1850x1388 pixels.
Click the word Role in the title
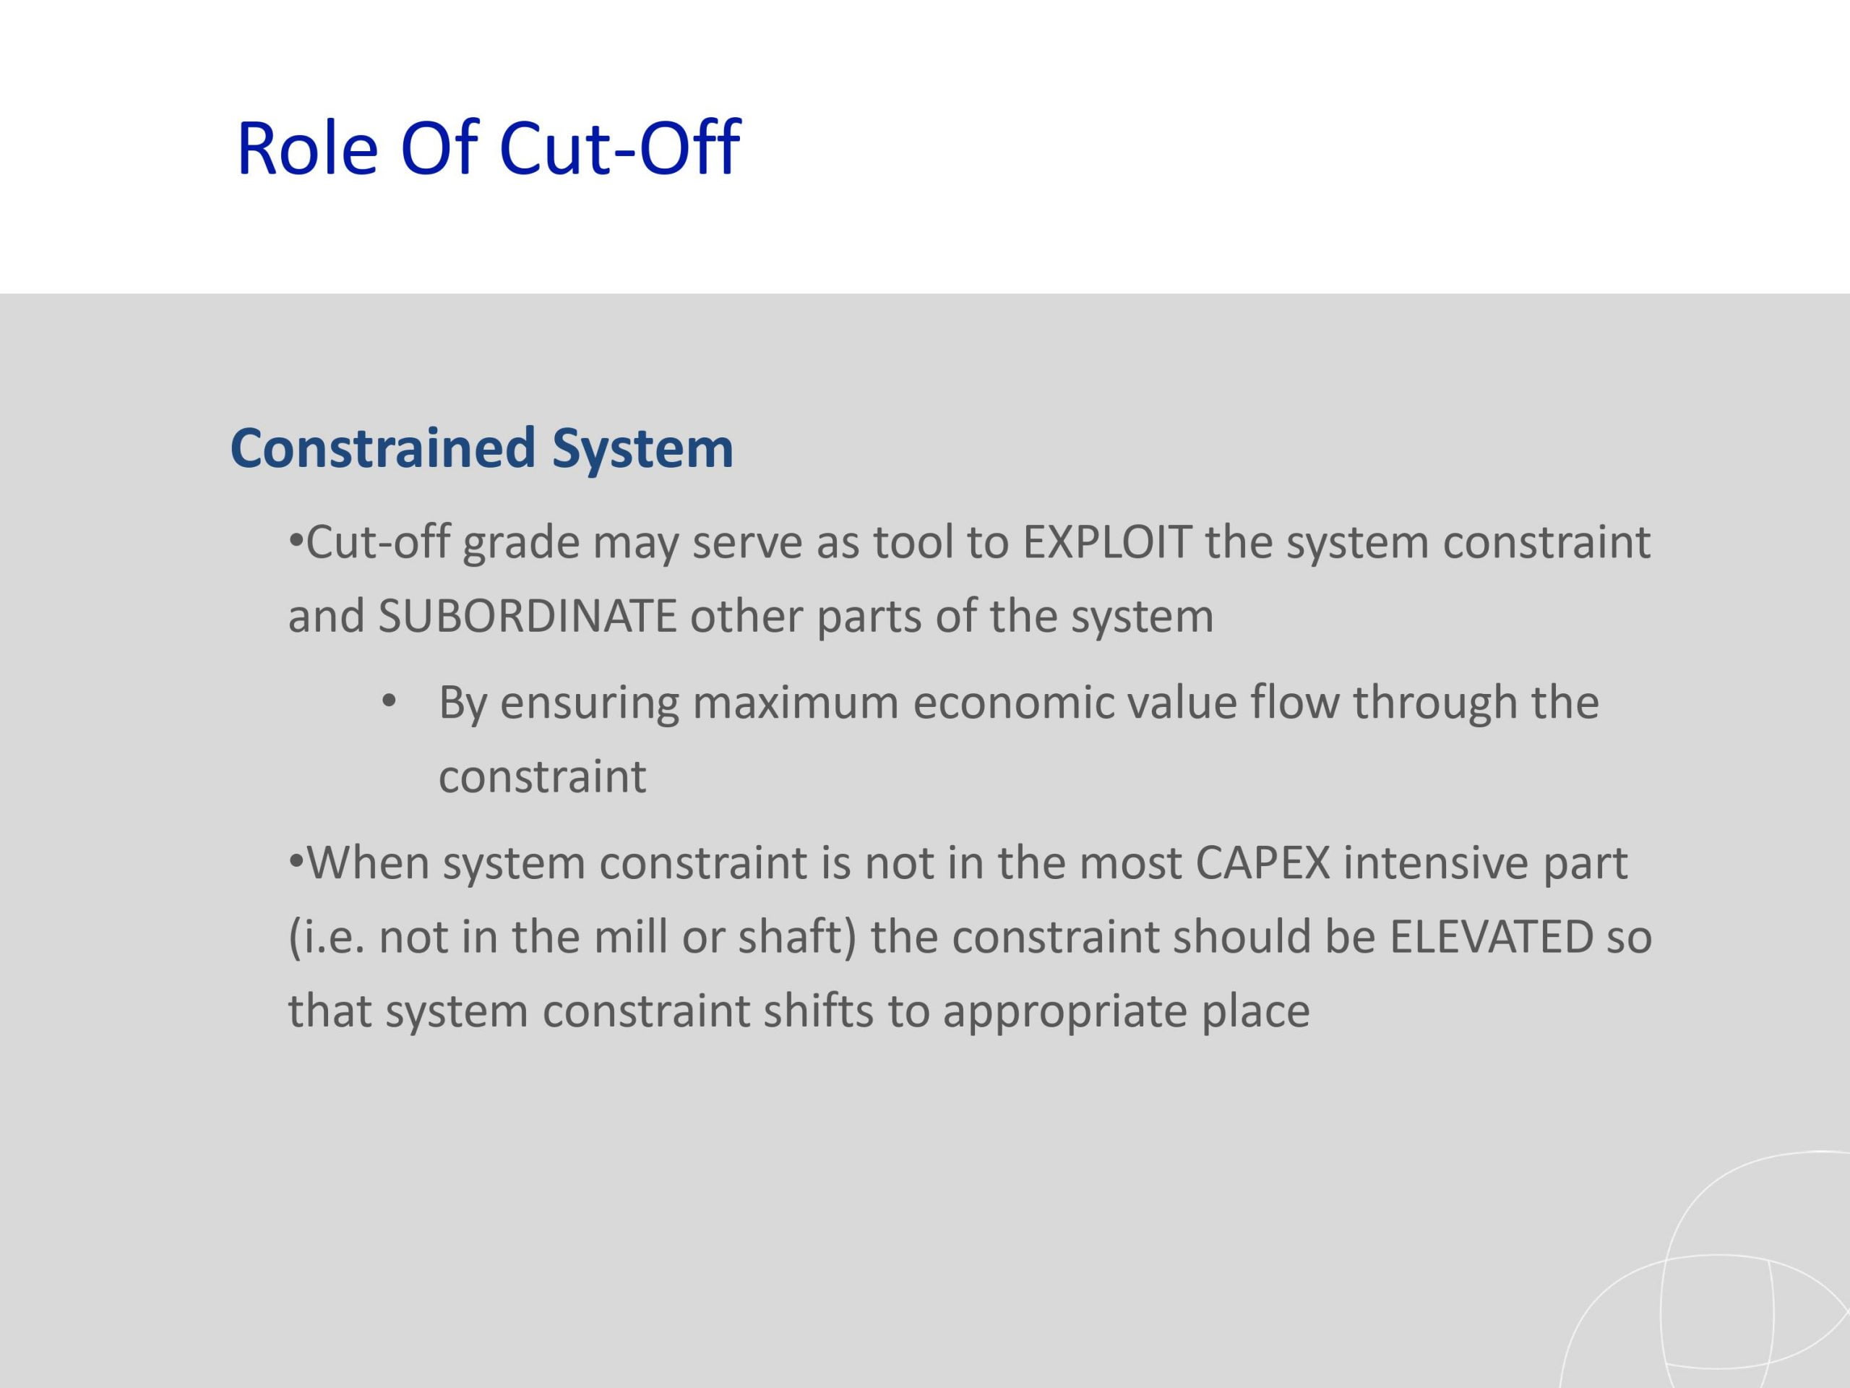307,148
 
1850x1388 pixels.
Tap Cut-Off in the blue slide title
619,148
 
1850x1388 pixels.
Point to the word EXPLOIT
1106,542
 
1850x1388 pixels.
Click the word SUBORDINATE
527,616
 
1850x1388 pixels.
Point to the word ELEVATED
1492,937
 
